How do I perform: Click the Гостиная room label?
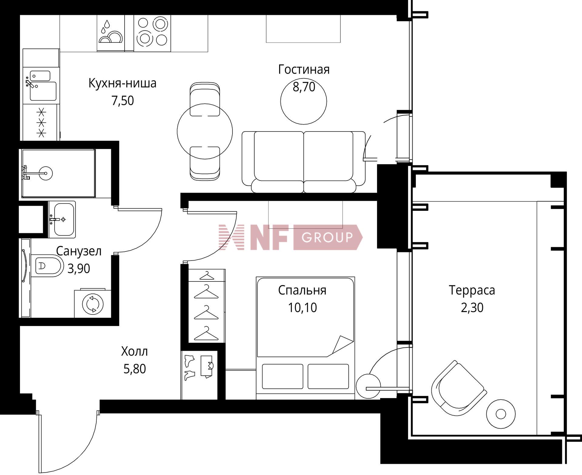[x=304, y=70]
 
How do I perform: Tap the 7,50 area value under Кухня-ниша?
[x=122, y=101]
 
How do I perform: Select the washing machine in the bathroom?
[x=93, y=303]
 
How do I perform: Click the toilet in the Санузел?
[x=47, y=266]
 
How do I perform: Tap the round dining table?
[x=205, y=131]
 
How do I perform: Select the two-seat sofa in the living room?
[x=303, y=162]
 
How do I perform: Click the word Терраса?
[x=472, y=290]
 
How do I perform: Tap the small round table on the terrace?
[x=500, y=414]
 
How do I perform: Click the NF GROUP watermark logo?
[x=290, y=237]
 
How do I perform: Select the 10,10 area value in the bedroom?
[x=302, y=307]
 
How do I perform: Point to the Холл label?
[x=134, y=351]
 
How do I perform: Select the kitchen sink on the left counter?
[x=43, y=90]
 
